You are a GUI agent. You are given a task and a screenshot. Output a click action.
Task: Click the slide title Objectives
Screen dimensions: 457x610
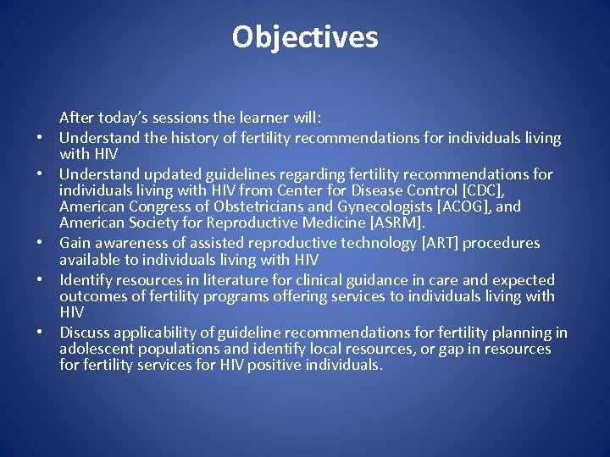click(305, 37)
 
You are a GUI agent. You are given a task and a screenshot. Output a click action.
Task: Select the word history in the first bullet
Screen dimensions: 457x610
click(213, 138)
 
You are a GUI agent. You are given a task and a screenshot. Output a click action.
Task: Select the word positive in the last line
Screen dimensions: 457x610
click(281, 365)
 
